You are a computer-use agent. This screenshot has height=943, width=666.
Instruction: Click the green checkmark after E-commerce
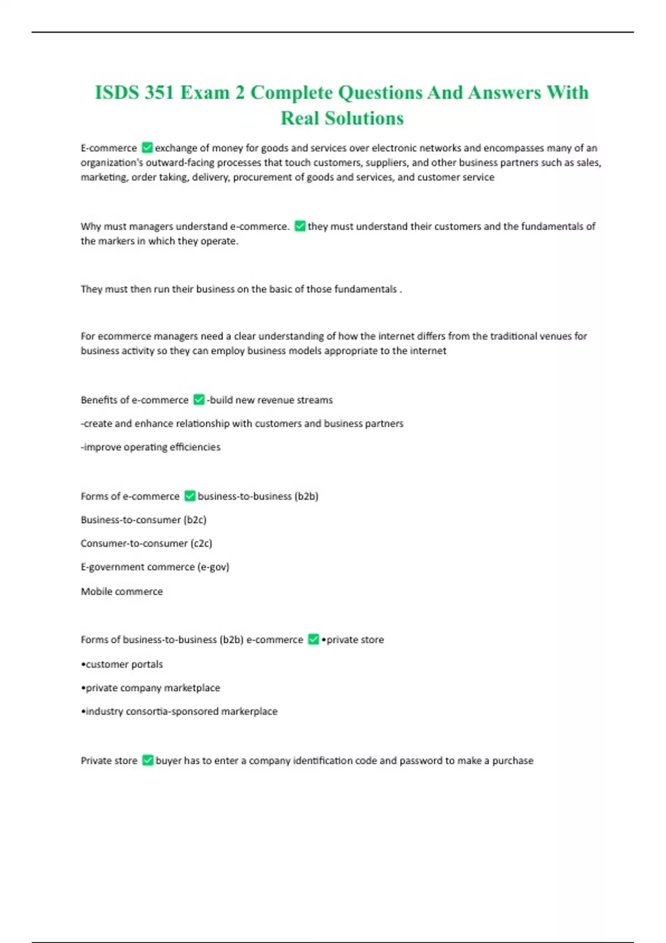tap(147, 148)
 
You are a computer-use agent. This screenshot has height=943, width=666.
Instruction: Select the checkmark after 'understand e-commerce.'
tap(300, 226)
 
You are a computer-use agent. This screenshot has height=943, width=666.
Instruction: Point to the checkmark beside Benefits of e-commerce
tap(199, 399)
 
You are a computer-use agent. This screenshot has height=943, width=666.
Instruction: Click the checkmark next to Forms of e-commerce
tap(190, 496)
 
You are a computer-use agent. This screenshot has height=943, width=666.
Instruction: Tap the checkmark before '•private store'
tap(314, 639)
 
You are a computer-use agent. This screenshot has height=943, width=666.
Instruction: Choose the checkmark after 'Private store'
tap(148, 760)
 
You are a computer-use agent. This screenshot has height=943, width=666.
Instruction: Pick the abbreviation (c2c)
tap(201, 543)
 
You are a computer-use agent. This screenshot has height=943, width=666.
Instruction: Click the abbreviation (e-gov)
tap(213, 567)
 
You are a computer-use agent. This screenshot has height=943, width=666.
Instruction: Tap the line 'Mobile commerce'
tap(122, 591)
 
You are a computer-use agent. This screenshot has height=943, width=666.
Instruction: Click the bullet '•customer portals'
tap(122, 664)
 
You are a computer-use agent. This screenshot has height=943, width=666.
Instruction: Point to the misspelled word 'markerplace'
tap(249, 711)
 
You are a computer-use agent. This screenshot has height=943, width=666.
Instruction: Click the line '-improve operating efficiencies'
tap(150, 447)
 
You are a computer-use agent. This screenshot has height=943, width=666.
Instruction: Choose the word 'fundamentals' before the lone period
tap(365, 289)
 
